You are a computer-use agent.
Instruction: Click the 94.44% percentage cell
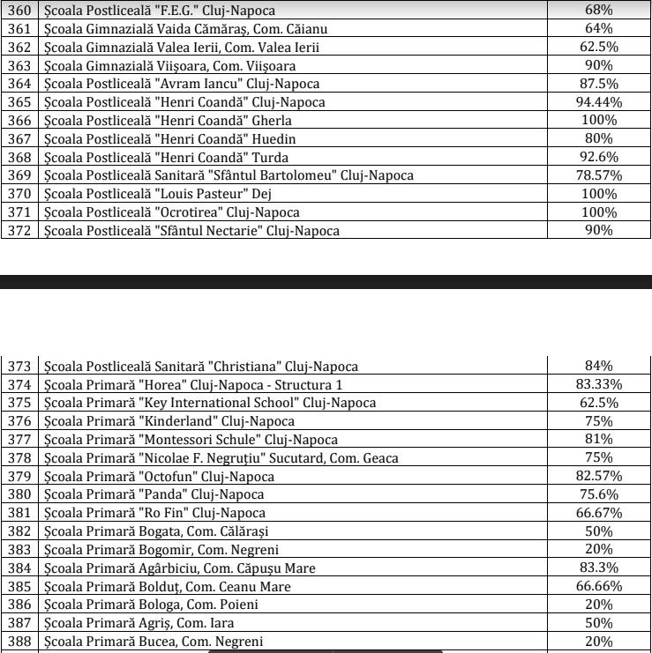[x=599, y=102]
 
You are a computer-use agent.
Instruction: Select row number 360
[x=19, y=11]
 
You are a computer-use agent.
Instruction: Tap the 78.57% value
[x=599, y=175]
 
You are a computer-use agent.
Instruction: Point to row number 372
[x=19, y=231]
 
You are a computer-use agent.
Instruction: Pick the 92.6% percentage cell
[x=599, y=157]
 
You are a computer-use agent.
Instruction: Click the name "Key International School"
[x=210, y=403]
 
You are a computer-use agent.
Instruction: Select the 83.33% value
[x=599, y=384]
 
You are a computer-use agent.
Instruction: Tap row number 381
[x=19, y=513]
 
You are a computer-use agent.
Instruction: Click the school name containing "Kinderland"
[x=169, y=421]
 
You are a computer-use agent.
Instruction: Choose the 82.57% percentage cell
[x=599, y=476]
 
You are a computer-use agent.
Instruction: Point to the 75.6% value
[x=599, y=494]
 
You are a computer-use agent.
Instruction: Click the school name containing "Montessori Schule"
[x=191, y=440]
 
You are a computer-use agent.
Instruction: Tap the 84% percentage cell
[x=599, y=366]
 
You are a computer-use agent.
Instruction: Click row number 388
[x=19, y=642]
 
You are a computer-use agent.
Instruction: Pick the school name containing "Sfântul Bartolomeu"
[x=229, y=175]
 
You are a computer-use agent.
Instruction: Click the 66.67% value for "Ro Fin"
[x=599, y=513]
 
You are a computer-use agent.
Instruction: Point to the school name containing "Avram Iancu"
[x=182, y=84]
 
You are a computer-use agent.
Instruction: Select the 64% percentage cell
[x=599, y=29]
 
